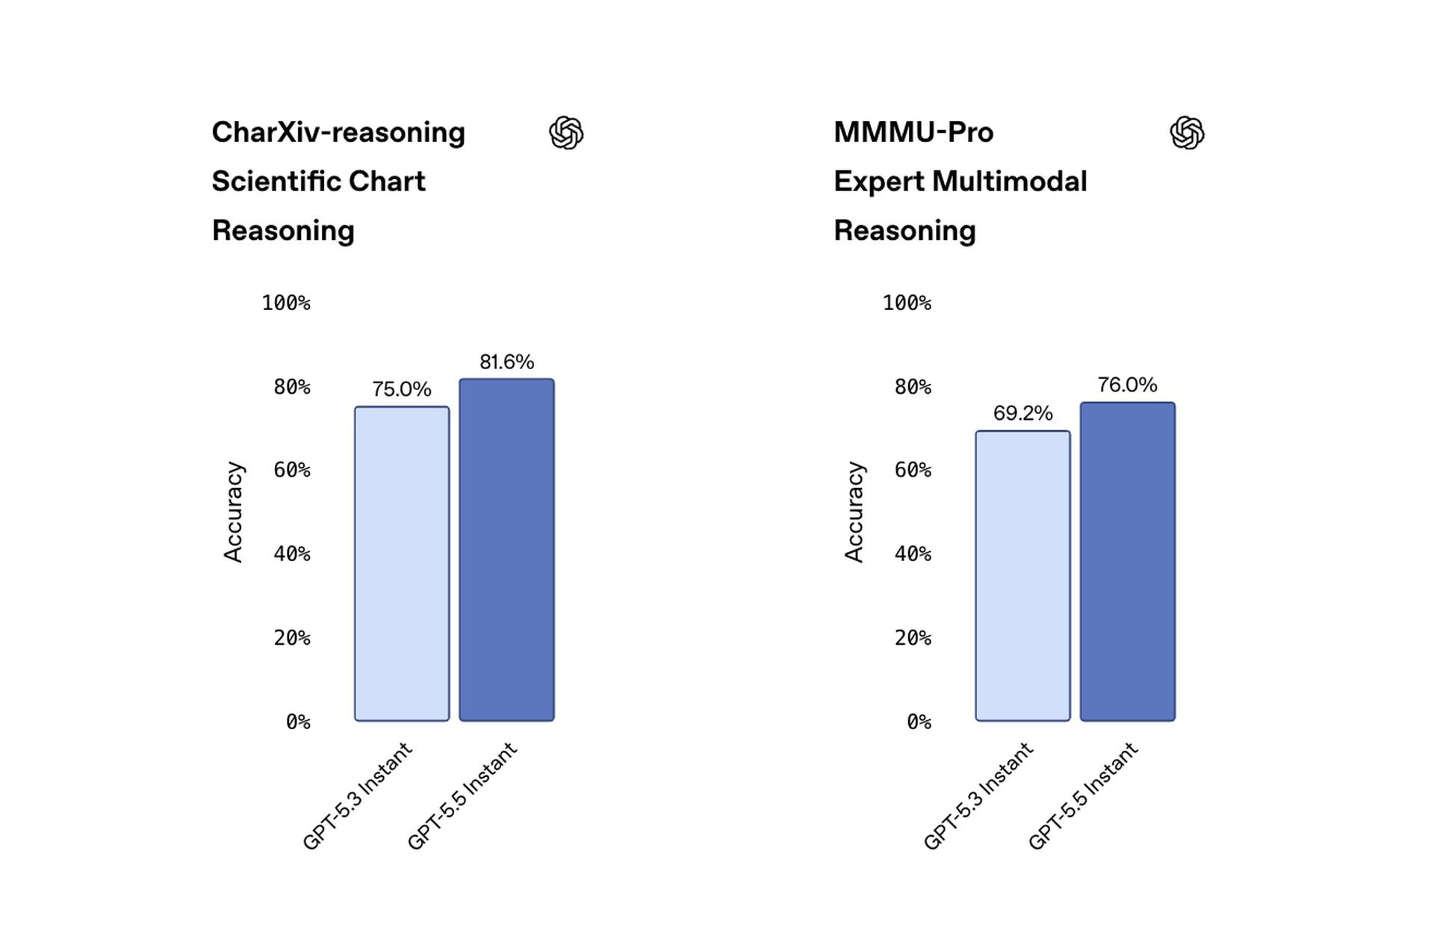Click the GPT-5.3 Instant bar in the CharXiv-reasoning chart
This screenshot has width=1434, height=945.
point(402,564)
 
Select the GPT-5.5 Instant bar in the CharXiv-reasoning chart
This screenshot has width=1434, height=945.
point(506,550)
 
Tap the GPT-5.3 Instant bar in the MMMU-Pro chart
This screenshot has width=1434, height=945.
point(1022,576)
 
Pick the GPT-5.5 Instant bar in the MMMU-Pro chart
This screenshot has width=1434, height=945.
point(1128,562)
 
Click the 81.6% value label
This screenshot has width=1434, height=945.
point(506,362)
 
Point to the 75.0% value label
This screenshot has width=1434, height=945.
point(402,389)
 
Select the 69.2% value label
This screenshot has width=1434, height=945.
point(1022,413)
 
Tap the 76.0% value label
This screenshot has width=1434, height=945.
point(1128,385)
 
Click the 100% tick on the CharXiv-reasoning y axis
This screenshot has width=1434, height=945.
point(286,303)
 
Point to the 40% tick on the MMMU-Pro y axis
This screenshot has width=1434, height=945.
point(913,554)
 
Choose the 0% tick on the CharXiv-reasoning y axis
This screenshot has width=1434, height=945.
point(298,722)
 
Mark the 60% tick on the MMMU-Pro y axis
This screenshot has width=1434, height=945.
point(913,470)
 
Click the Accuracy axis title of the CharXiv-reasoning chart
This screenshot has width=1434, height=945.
point(233,512)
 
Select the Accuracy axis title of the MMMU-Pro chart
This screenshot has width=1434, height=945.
point(854,512)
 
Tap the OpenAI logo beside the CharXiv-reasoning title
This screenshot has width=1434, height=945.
point(566,133)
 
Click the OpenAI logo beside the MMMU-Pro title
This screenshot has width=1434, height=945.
point(1188,133)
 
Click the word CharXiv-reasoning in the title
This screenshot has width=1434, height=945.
point(338,133)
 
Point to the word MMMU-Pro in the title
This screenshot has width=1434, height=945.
point(913,132)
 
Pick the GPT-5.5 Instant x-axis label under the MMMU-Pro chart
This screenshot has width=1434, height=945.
point(1083,796)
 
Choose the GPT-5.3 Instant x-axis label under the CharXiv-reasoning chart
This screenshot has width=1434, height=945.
point(357,796)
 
